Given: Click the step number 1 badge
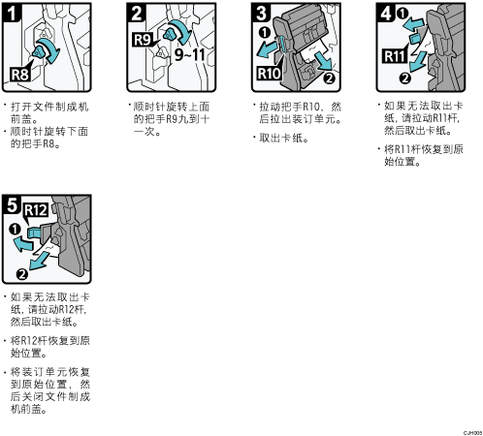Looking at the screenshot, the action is click(x=12, y=14).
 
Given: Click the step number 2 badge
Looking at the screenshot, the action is click(x=137, y=14).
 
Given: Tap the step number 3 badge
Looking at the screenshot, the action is click(x=261, y=14).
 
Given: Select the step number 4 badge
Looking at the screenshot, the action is click(x=386, y=14).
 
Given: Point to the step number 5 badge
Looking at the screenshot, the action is click(x=12, y=205).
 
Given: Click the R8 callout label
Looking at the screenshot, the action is click(x=20, y=75).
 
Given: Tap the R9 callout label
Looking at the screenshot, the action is click(x=143, y=40).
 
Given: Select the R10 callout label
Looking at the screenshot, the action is click(x=269, y=74).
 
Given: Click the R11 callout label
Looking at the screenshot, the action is click(x=394, y=56).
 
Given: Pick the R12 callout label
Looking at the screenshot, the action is click(x=36, y=210).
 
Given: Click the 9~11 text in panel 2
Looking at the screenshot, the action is click(x=190, y=54).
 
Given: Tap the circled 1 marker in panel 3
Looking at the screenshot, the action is click(x=265, y=33).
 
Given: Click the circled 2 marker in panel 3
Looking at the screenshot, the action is click(x=329, y=78).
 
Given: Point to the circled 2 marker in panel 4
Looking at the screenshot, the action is click(x=404, y=78).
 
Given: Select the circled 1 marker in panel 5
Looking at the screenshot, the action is click(x=15, y=230).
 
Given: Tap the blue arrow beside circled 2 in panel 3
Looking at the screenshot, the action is click(x=324, y=61).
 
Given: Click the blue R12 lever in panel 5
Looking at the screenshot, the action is click(x=34, y=232).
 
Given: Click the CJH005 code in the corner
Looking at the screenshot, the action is click(x=472, y=433).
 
